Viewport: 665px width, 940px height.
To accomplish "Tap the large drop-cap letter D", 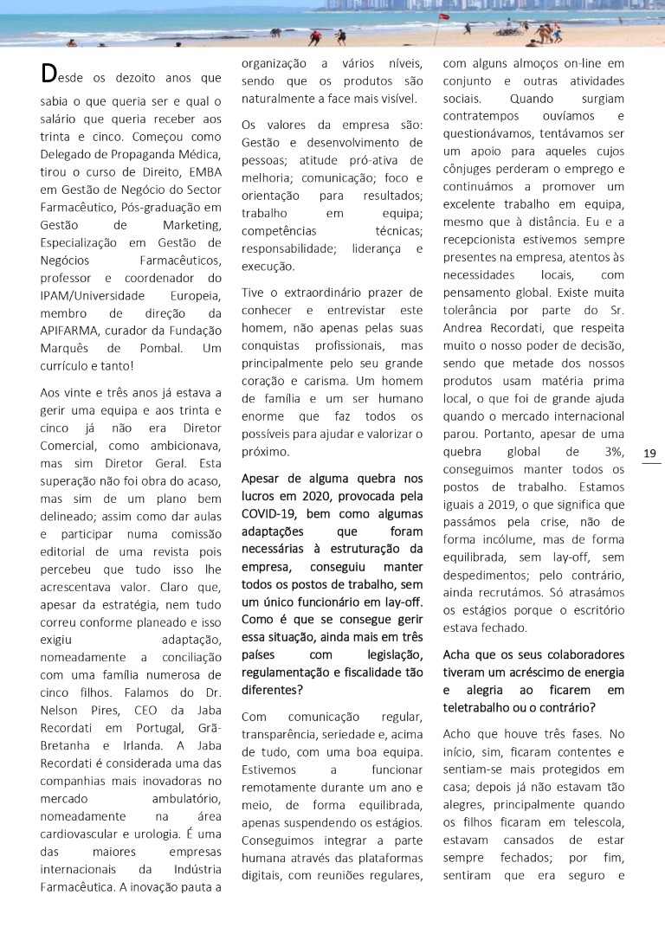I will point(50,74).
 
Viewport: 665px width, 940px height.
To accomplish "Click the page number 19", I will point(651,453).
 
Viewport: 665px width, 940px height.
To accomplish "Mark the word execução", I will point(269,267).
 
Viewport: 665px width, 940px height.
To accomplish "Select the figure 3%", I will point(611,451).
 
